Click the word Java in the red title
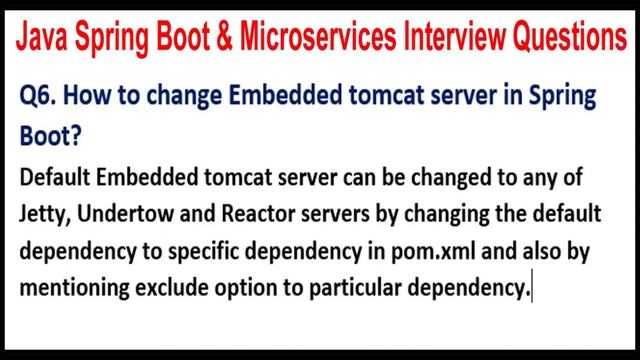click(46, 40)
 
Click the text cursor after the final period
click(535, 287)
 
